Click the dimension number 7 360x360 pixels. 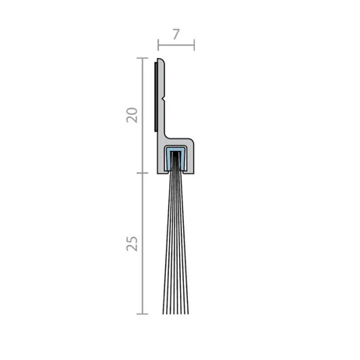(176, 34)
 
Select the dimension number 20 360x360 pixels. (132, 115)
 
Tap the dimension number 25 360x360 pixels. (132, 243)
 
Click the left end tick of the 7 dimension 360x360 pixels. (158, 45)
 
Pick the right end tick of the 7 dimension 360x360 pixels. (194, 45)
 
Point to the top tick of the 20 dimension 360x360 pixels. (142, 58)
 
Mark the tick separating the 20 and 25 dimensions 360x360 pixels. (142, 173)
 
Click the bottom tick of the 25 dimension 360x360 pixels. (142, 314)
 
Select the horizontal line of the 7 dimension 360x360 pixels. (176, 45)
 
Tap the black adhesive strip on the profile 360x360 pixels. (156, 96)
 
